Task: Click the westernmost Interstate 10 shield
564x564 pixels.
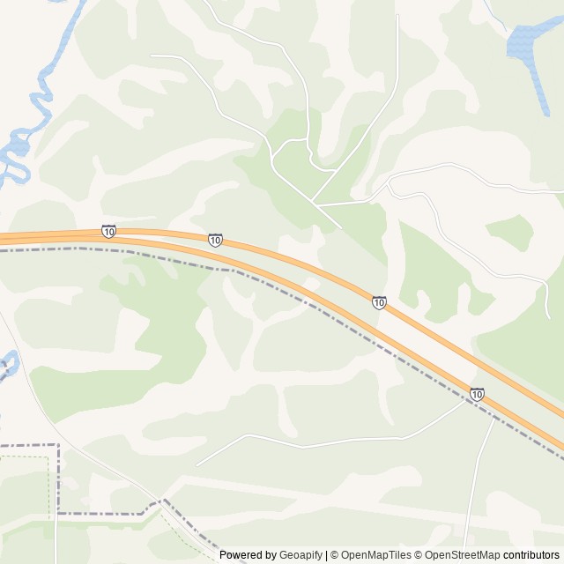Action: coord(108,231)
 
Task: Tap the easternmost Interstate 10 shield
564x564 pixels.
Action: coord(477,394)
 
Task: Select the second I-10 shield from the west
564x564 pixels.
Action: coord(215,240)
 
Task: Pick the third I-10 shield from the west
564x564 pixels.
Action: coord(379,302)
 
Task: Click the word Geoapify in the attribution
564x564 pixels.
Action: coord(301,555)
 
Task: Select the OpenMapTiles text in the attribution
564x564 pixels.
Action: coord(376,555)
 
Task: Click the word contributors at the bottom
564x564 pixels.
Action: coord(531,555)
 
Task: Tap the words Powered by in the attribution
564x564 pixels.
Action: coord(248,555)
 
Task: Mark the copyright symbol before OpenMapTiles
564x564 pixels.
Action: coord(335,555)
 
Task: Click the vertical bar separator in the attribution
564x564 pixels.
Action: coord(326,555)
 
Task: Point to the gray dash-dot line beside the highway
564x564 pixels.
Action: coord(291,294)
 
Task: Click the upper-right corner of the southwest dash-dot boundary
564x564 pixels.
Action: coord(59,446)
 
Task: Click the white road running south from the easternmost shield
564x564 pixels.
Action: coord(476,476)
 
